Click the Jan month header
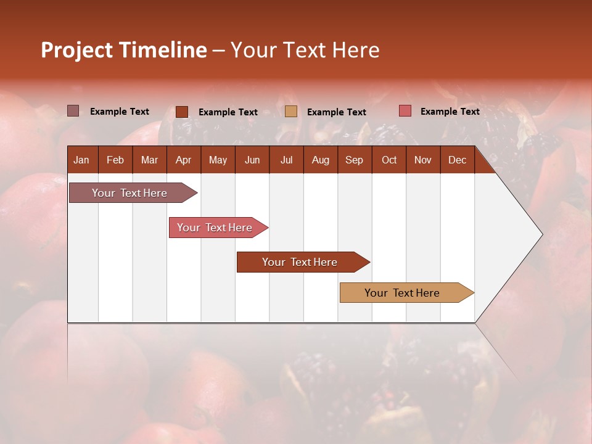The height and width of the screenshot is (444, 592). [x=81, y=160]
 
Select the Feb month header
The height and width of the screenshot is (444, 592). [x=115, y=160]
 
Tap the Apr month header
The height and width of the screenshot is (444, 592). [x=183, y=160]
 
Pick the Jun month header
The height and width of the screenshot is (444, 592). [x=252, y=160]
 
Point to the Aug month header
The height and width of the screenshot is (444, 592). [x=320, y=160]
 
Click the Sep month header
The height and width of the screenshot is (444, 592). [x=354, y=160]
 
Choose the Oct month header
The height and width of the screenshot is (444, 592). [x=389, y=160]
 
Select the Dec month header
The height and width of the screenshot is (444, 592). [x=457, y=160]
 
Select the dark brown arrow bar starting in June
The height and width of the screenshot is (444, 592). [x=300, y=262]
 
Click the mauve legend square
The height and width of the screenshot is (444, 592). [x=73, y=111]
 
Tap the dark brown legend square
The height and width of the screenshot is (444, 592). [x=181, y=112]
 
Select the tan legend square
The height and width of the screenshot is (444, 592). [x=291, y=112]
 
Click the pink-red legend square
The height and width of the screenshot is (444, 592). [x=405, y=111]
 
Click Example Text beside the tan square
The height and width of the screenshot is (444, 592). [x=336, y=112]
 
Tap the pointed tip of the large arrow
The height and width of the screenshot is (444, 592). [x=541, y=234]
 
